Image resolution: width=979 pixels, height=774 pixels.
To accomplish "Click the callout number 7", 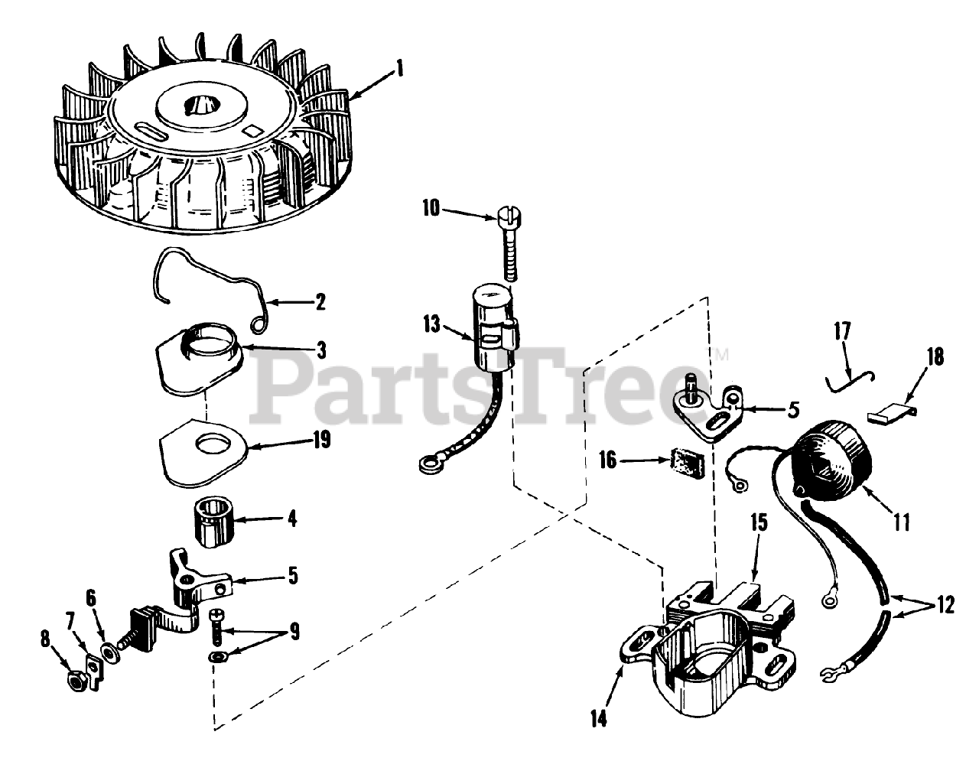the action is pyautogui.click(x=70, y=618).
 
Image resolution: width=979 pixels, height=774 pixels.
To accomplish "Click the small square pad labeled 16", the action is pyautogui.click(x=681, y=462).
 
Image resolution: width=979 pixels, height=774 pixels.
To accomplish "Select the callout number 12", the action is pyautogui.click(x=945, y=605).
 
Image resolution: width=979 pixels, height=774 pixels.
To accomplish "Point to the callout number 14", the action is pyautogui.click(x=600, y=719).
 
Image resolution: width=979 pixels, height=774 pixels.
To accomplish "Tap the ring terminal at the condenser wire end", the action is pyautogui.click(x=424, y=462).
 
